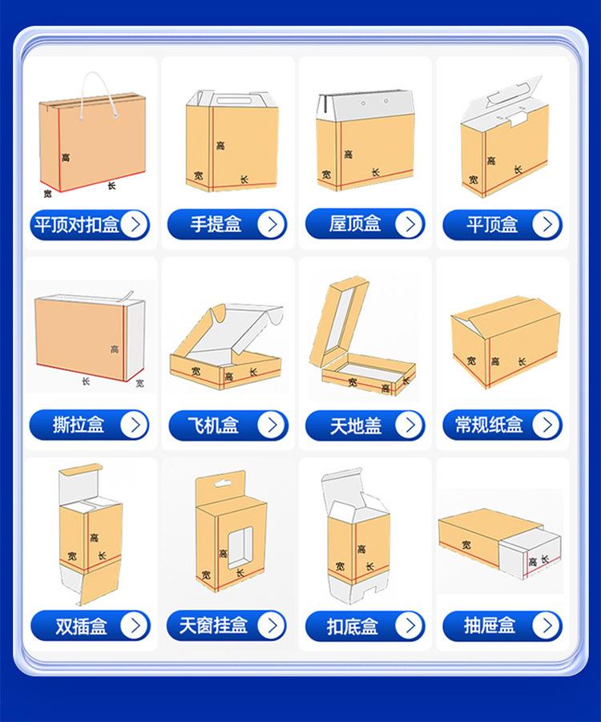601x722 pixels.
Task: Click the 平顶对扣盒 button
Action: tap(90, 224)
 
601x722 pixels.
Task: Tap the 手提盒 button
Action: tap(227, 224)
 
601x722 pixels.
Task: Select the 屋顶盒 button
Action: tap(365, 224)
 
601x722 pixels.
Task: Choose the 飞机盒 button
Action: tap(228, 425)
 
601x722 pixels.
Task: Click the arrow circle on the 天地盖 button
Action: tap(409, 425)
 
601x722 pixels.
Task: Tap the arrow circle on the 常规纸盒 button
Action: tap(547, 425)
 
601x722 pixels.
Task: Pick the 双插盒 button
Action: tap(91, 626)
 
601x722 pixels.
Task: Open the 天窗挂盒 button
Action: tap(227, 625)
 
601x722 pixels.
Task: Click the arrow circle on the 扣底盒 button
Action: tap(409, 626)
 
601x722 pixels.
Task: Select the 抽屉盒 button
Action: tap(502, 625)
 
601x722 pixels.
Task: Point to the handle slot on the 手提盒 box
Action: tap(232, 100)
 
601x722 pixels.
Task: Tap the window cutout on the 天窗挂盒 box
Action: tap(241, 547)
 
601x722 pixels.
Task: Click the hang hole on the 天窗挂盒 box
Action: tap(223, 483)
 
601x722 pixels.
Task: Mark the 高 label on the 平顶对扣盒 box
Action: tap(66, 158)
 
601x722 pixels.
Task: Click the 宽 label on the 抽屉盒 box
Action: tap(466, 545)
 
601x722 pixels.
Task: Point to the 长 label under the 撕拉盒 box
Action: tap(86, 381)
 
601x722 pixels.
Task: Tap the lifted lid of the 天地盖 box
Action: tap(340, 321)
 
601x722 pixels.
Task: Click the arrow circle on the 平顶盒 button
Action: tap(547, 224)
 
